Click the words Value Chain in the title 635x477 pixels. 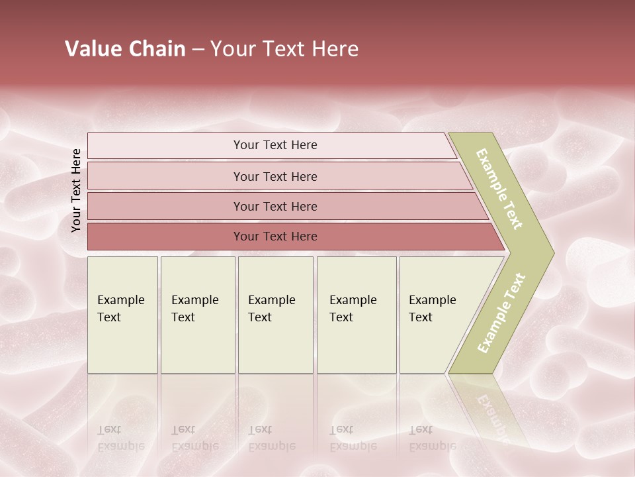[125, 49]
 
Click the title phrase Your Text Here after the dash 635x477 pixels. [284, 49]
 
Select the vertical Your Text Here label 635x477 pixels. [76, 190]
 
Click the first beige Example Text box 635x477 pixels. [122, 315]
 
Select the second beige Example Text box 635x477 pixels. [197, 315]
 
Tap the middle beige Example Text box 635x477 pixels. [275, 315]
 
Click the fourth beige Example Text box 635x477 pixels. [356, 315]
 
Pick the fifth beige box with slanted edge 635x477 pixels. [437, 315]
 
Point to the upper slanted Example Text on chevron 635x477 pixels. [500, 189]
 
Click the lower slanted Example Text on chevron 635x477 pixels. [501, 313]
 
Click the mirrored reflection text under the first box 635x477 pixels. [120, 438]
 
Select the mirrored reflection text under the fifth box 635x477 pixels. [432, 438]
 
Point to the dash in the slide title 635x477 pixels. [198, 50]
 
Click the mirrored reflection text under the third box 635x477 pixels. [271, 438]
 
